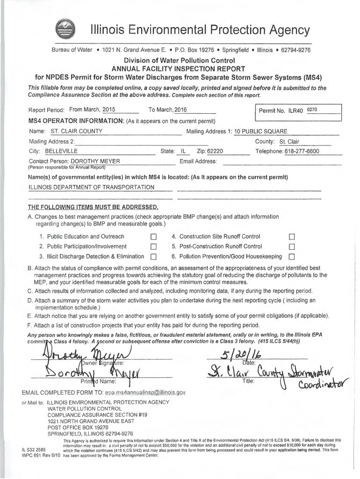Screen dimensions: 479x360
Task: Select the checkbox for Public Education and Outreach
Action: click(153, 237)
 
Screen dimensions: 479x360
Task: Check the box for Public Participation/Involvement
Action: click(153, 247)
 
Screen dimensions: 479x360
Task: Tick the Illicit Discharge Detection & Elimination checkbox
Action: click(153, 257)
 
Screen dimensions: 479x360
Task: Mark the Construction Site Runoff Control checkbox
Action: click(292, 237)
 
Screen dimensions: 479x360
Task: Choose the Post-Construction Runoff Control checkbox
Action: click(292, 247)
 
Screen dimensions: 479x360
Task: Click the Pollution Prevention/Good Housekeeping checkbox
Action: click(292, 257)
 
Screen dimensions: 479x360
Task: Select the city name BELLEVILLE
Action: click(61, 152)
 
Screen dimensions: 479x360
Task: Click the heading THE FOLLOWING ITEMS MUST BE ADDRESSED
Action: click(93, 207)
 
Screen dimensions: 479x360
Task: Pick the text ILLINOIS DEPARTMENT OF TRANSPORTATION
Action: click(92, 187)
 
